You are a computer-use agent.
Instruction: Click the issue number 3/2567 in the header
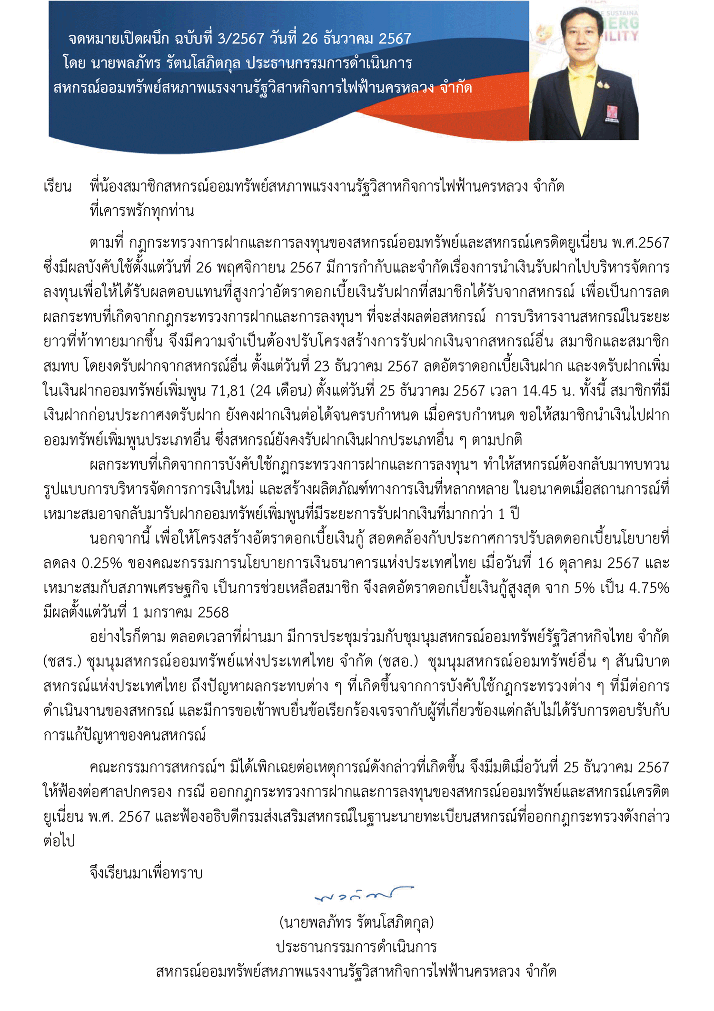(x=240, y=39)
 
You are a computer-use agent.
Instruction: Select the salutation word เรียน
(x=57, y=186)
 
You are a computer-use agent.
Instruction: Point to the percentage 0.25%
(x=102, y=563)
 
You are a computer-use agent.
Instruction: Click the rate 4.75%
(x=649, y=588)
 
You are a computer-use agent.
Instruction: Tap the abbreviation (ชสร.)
(x=62, y=662)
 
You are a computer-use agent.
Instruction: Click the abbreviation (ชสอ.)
(x=398, y=662)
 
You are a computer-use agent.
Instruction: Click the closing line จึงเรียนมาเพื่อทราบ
(x=146, y=873)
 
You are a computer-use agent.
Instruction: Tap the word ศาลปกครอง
(x=135, y=792)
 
